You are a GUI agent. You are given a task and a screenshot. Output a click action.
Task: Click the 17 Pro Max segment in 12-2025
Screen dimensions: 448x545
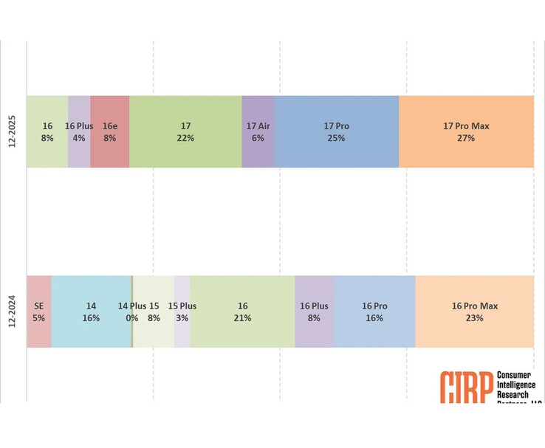[x=466, y=131]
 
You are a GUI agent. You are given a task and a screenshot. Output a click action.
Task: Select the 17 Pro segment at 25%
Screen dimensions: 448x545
[x=336, y=131]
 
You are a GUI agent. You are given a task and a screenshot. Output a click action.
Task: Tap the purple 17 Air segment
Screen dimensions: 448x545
[x=258, y=131]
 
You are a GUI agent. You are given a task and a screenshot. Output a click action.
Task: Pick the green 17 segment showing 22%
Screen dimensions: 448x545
[x=185, y=131]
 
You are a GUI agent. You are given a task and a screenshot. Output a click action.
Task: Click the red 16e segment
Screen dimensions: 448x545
[x=110, y=131]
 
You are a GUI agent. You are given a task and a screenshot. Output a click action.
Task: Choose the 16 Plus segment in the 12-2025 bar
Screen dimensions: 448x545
[x=79, y=131]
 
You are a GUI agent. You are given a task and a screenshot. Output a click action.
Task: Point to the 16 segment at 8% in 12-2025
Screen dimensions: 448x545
[x=47, y=131]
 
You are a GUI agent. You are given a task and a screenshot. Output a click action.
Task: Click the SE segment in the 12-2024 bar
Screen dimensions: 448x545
[x=39, y=311]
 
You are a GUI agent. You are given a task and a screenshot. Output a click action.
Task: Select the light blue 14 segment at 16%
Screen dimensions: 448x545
[x=91, y=311]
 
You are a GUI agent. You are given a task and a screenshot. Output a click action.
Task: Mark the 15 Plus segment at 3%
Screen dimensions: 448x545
[x=182, y=311]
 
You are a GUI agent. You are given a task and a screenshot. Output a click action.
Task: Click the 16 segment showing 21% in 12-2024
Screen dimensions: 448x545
[x=242, y=311]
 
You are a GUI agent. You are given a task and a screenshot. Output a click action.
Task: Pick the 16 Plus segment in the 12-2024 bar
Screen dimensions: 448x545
[x=314, y=311]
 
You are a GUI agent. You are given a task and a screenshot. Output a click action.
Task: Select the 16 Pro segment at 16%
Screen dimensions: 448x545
[x=374, y=311]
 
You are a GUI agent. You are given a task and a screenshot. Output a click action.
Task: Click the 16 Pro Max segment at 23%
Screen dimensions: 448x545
[x=474, y=311]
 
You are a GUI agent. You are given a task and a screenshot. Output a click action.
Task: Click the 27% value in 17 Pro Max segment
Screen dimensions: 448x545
[x=466, y=138]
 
